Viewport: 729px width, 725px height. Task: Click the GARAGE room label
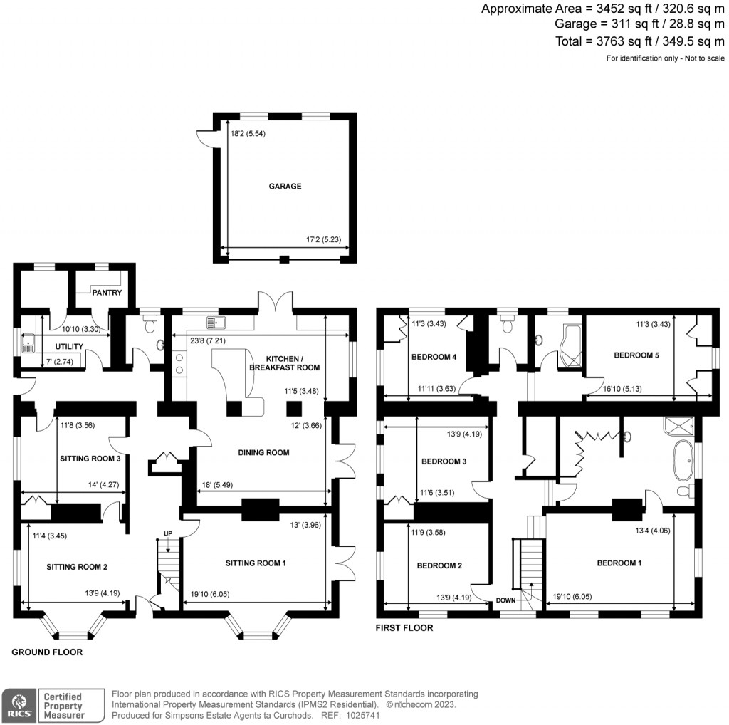[285, 187]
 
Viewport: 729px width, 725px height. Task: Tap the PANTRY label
[107, 293]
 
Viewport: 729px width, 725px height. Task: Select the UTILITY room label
[70, 347]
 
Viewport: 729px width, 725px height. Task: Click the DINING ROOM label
[263, 452]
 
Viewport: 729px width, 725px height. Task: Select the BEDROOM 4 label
[434, 357]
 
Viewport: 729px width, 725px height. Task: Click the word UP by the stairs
[168, 533]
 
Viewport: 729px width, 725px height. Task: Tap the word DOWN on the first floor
[505, 600]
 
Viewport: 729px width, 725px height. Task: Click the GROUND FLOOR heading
[47, 652]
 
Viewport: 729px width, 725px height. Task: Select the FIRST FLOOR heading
[404, 628]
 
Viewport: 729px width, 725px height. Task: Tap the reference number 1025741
[364, 715]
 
